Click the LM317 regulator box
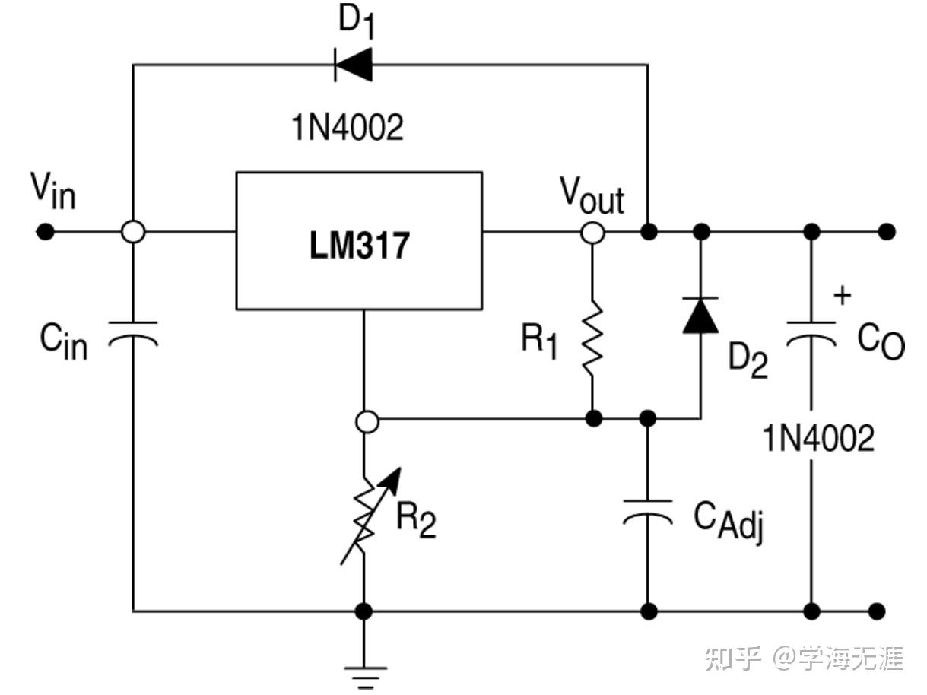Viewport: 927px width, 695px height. [358, 240]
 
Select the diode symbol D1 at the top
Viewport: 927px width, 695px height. [354, 64]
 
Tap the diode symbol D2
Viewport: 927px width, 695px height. [700, 316]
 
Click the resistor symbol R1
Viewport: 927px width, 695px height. [592, 338]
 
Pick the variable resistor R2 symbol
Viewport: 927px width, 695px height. [366, 517]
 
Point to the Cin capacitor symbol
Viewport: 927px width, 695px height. [133, 334]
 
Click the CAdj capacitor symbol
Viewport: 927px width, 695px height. [647, 512]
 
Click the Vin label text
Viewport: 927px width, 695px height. [52, 192]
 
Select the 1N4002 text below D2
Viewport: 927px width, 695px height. [819, 439]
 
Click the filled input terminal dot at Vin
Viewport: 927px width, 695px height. [46, 232]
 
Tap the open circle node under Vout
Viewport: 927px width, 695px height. [592, 232]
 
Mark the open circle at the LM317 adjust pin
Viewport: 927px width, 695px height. [367, 422]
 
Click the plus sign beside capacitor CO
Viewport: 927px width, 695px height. [841, 296]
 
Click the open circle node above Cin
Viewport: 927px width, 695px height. [133, 232]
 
